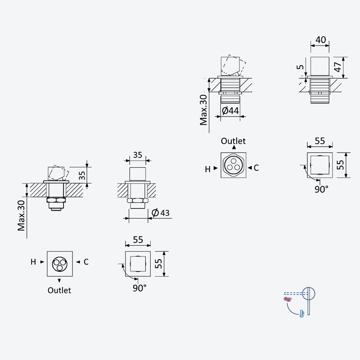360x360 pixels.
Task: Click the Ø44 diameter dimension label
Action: [230, 111]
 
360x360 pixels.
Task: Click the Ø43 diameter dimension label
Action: [161, 213]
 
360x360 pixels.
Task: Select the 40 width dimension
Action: [320, 40]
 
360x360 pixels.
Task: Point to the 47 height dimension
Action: [338, 67]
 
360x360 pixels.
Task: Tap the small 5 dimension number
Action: [300, 67]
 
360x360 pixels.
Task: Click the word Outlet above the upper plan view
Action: [233, 141]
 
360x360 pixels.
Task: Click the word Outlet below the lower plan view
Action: [59, 290]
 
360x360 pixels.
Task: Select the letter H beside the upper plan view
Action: [207, 169]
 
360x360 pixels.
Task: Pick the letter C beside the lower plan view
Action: [86, 262]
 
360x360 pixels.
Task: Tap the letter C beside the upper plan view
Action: [256, 168]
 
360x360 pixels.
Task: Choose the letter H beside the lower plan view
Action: [33, 262]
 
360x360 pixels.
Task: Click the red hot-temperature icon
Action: [288, 299]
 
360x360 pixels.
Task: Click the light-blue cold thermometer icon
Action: [301, 314]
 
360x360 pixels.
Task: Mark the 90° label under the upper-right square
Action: [321, 189]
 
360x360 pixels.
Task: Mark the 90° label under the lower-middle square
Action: [139, 288]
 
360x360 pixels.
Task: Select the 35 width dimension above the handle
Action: [138, 155]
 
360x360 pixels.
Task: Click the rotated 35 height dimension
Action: [82, 175]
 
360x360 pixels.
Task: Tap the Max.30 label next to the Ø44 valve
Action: [203, 110]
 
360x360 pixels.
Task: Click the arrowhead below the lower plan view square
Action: [59, 280]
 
